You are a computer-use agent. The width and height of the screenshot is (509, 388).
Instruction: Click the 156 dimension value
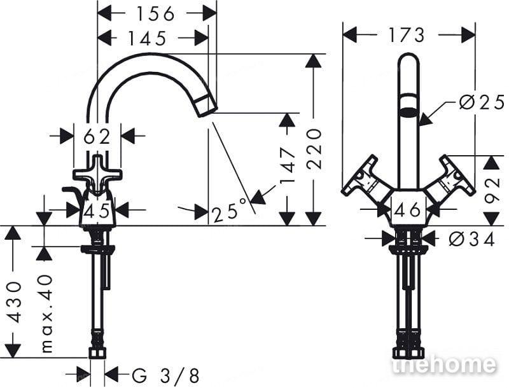156,14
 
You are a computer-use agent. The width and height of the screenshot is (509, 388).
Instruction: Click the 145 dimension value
148,38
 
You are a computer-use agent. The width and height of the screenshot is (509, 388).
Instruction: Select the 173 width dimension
407,35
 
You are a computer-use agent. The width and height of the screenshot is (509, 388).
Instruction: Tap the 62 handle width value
97,137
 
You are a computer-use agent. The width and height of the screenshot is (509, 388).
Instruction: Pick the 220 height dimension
314,149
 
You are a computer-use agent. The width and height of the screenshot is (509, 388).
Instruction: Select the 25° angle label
230,211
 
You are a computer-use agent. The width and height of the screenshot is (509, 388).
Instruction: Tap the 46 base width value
407,211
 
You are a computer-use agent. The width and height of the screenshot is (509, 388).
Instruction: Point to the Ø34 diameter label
472,240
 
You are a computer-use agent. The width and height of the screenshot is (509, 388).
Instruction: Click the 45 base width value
97,212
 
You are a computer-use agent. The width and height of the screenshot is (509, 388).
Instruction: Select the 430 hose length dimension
14,302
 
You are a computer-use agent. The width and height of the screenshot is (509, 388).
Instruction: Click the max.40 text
46,314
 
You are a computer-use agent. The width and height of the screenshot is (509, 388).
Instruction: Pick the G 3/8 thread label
165,376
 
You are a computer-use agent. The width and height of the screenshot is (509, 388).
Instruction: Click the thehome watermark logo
444,364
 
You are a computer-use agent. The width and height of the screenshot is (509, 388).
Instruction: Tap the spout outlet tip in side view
207,106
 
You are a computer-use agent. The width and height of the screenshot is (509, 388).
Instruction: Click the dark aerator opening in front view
408,113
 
